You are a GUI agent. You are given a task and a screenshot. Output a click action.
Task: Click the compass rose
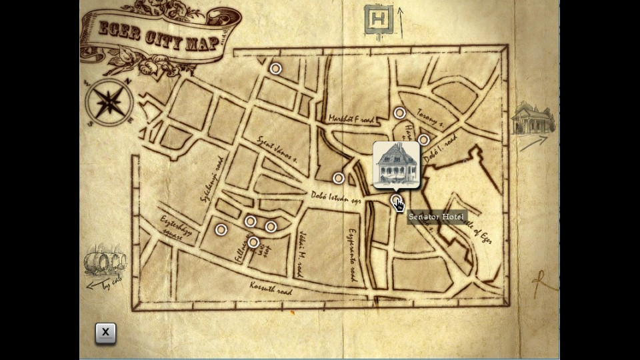click(x=109, y=103)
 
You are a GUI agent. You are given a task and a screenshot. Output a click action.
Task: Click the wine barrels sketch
click(x=105, y=261)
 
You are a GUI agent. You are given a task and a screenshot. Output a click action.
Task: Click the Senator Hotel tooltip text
click(x=437, y=217)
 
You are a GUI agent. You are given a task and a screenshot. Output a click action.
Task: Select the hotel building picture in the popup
click(x=396, y=164)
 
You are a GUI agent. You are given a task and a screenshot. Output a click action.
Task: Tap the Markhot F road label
click(x=351, y=119)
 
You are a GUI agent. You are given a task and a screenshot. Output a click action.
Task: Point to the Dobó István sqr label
click(x=336, y=197)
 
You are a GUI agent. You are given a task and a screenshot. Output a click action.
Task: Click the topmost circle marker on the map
click(x=275, y=69)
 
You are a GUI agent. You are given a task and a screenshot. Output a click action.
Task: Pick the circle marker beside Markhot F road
click(x=399, y=113)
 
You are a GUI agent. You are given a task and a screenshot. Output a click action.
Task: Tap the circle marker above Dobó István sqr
click(x=339, y=178)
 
